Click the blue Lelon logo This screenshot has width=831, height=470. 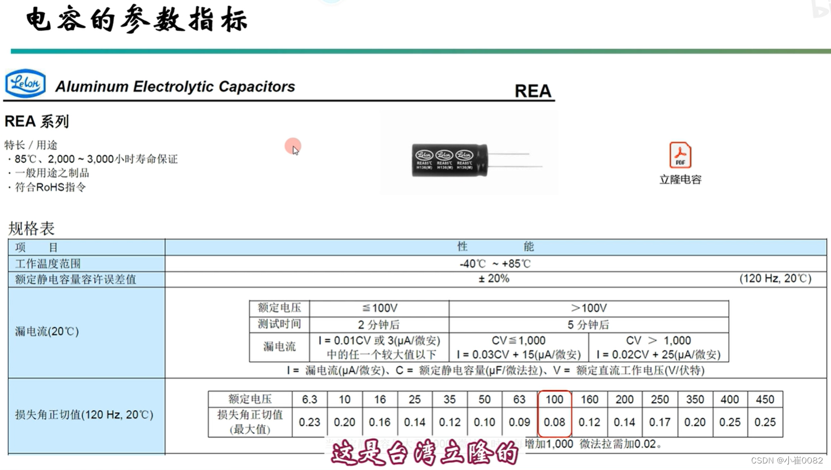click(x=25, y=84)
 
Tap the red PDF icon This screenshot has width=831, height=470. click(x=680, y=155)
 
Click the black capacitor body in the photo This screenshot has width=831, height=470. click(x=449, y=160)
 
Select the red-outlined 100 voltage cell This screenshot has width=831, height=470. click(x=554, y=399)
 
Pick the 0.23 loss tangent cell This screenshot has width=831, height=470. click(x=309, y=422)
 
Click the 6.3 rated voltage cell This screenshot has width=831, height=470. click(x=309, y=399)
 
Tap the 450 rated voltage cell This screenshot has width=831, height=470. click(x=764, y=399)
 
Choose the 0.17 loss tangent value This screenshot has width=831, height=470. click(x=659, y=422)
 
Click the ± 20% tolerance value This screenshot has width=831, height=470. click(x=494, y=279)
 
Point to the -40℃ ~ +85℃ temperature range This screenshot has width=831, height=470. click(x=495, y=263)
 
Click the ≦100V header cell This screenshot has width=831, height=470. click(x=379, y=308)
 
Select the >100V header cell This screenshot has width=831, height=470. click(x=588, y=308)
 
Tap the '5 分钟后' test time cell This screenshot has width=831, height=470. click(x=588, y=325)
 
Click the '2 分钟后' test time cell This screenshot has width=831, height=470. click(x=379, y=325)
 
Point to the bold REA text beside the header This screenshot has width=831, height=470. click(x=532, y=91)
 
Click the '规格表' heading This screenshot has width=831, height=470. click(x=31, y=228)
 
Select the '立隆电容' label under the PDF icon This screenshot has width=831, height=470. click(x=680, y=180)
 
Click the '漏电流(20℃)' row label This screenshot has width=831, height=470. click(x=47, y=331)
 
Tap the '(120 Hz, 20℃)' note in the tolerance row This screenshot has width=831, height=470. click(x=775, y=279)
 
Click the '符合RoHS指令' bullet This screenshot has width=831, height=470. click(x=50, y=187)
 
